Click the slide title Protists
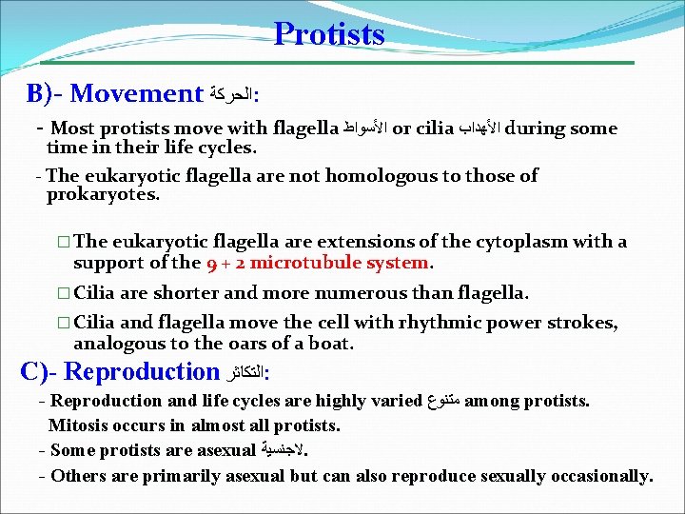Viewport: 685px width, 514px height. click(329, 34)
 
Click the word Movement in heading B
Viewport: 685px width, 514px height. click(136, 94)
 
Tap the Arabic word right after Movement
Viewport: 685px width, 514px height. click(231, 95)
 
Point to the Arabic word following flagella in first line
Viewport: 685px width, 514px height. click(365, 128)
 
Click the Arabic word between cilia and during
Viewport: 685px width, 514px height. click(478, 128)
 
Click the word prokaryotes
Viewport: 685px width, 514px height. click(102, 194)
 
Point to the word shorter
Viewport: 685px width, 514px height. click(181, 292)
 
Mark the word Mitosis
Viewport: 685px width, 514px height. click(79, 425)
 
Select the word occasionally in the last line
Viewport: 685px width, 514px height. click(594, 475)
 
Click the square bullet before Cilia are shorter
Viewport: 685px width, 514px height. click(63, 293)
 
